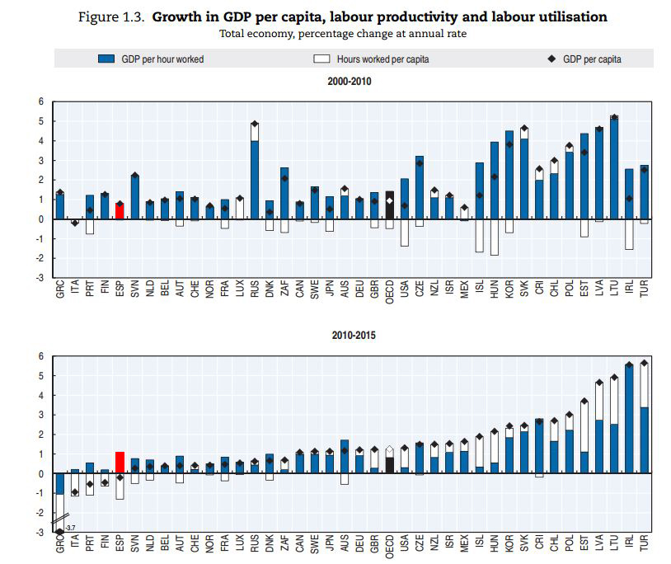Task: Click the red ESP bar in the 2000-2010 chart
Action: click(x=120, y=211)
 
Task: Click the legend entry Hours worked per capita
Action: click(x=371, y=59)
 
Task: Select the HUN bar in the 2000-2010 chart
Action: click(x=494, y=181)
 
